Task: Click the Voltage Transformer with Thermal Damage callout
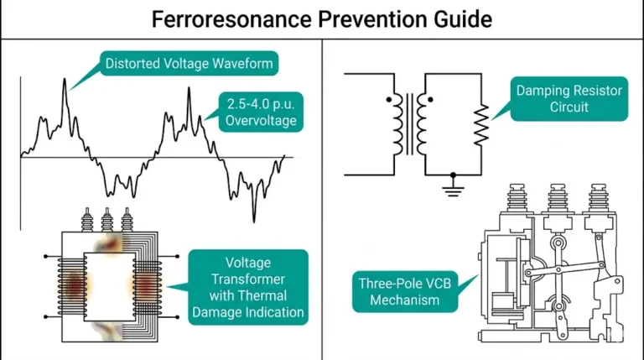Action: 248,278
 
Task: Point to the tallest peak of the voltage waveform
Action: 65,86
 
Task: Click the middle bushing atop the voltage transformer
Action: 106,223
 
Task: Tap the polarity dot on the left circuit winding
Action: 388,99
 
